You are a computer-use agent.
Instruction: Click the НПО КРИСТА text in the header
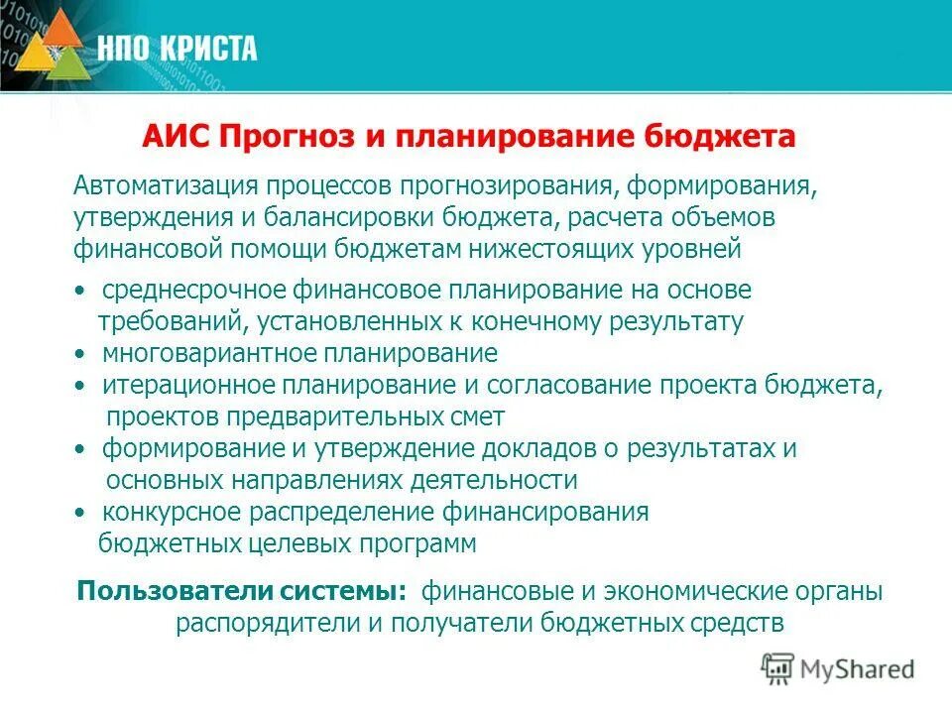click(178, 47)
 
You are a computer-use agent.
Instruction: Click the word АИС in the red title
click(175, 137)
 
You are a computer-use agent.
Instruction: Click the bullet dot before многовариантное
click(79, 354)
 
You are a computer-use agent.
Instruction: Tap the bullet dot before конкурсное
click(79, 513)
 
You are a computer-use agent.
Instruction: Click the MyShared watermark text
click(857, 668)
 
